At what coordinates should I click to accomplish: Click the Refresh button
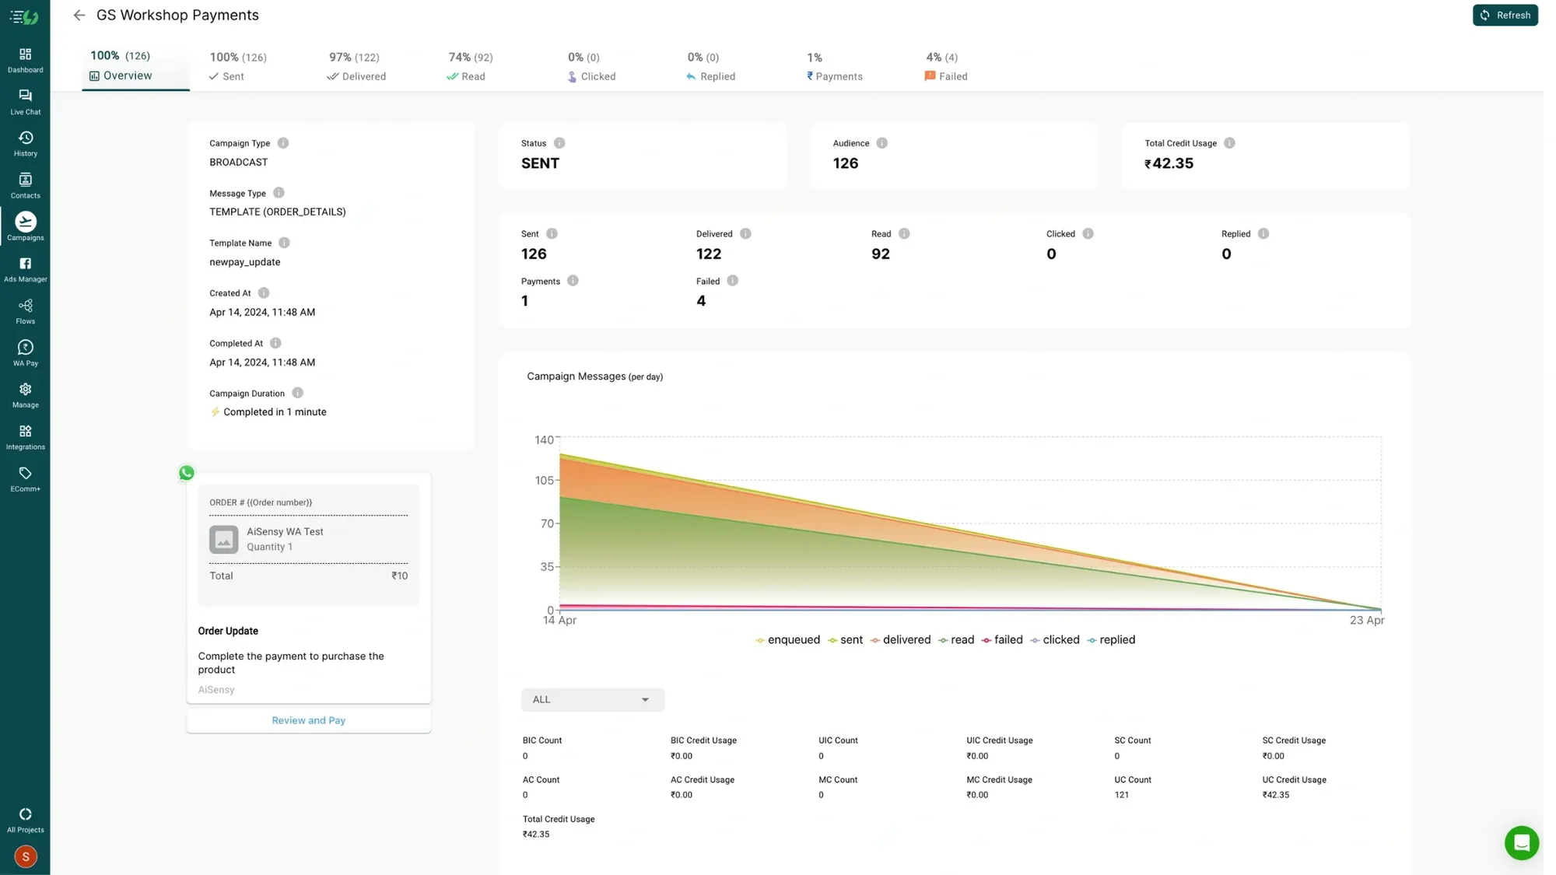[1504, 15]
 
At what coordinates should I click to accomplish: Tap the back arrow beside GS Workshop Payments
[79, 15]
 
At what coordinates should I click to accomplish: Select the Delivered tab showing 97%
[356, 67]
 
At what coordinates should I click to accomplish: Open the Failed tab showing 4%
[945, 67]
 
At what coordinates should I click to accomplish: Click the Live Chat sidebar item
[25, 102]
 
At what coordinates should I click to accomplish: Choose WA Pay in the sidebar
[25, 353]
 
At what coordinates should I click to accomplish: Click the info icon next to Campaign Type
[283, 143]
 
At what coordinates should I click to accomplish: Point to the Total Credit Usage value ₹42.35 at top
[1169, 163]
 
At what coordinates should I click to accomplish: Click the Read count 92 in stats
[880, 254]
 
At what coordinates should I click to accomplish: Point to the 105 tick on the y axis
[544, 481]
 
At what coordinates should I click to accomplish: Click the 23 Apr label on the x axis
[1366, 621]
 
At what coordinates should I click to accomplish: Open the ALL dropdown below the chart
[592, 700]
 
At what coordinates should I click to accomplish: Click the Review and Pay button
[308, 721]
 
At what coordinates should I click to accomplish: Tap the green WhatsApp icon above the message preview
[186, 473]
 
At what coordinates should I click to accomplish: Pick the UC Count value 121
[1121, 795]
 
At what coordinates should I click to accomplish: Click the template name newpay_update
[244, 262]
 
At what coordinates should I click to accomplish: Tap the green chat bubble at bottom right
[1521, 843]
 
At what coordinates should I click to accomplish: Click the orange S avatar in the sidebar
[26, 856]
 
